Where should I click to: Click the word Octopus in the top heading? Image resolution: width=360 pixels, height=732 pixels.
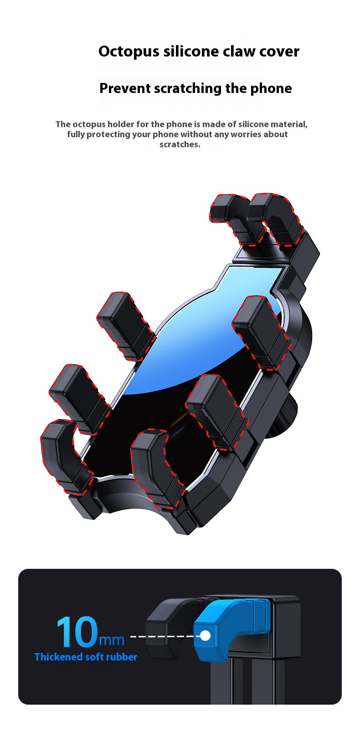click(129, 52)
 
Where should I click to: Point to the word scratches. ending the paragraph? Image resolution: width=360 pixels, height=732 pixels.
click(180, 144)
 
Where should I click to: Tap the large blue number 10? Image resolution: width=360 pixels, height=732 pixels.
click(77, 632)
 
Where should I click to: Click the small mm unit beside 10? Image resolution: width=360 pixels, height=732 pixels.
click(112, 639)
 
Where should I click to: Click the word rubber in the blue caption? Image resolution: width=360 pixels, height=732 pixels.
click(122, 657)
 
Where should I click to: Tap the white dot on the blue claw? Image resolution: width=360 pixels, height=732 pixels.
click(206, 635)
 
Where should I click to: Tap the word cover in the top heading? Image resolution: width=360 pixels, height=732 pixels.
click(279, 52)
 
